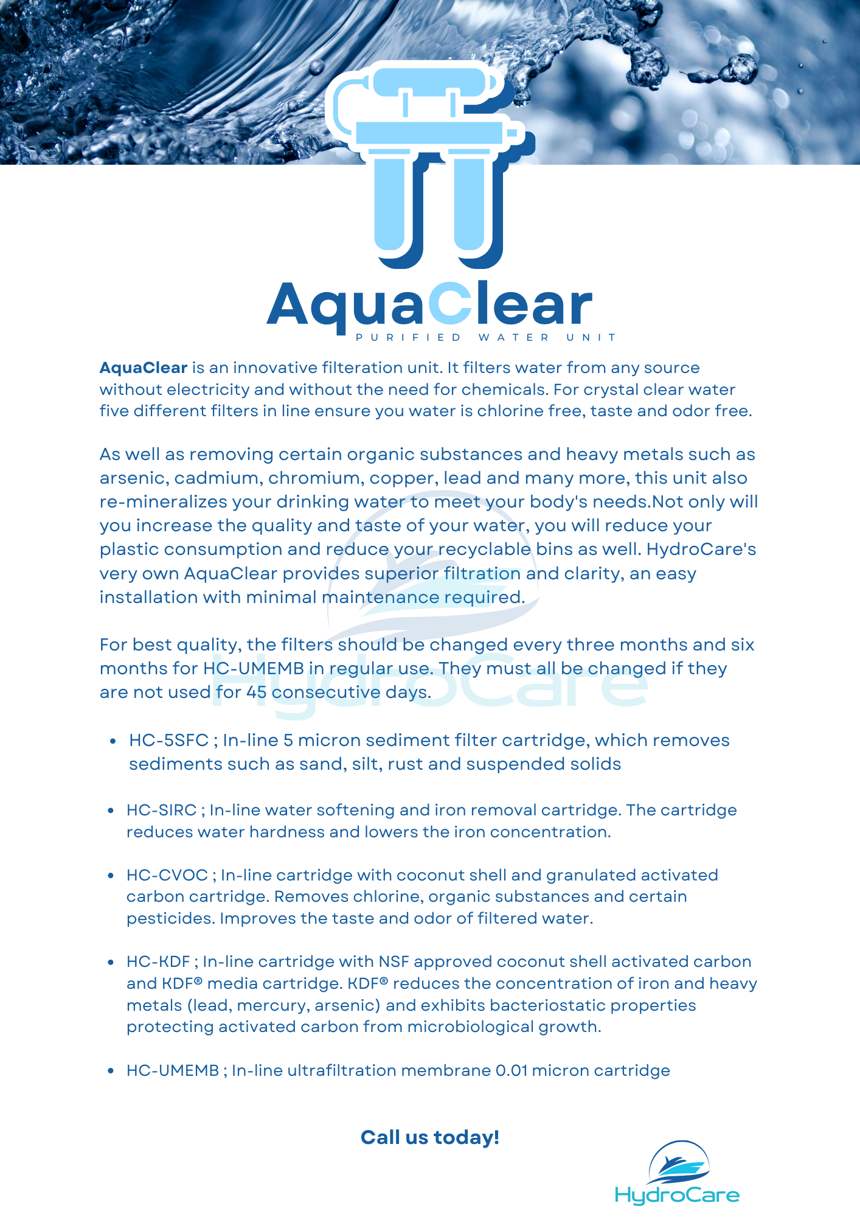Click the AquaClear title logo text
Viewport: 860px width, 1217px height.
429,304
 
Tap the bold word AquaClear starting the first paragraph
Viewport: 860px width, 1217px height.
144,368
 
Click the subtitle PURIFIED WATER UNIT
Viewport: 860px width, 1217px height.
486,338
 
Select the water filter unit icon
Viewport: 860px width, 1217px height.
429,164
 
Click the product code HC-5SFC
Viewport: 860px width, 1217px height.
168,741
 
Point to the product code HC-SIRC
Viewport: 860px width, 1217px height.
161,811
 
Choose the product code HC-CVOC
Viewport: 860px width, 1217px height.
167,876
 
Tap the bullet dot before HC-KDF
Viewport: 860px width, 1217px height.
111,963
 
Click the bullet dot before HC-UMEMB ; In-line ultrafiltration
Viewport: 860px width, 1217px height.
111,1072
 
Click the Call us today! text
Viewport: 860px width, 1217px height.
430,1137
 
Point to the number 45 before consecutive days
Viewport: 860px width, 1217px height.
256,692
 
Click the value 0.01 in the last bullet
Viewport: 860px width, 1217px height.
511,1071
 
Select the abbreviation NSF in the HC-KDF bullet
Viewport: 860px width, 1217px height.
394,962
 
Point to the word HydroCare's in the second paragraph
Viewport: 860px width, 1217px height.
701,549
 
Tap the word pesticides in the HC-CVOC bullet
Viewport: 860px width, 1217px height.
170,919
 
